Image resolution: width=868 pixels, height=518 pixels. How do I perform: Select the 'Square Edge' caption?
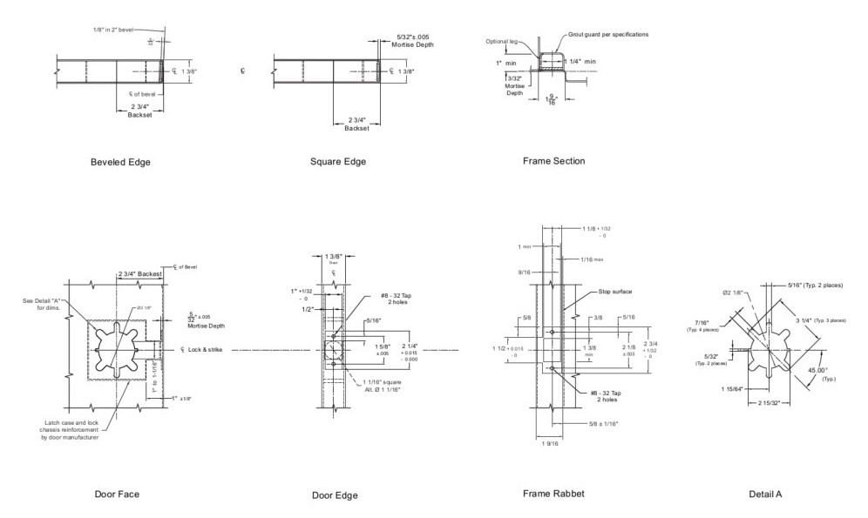coord(337,161)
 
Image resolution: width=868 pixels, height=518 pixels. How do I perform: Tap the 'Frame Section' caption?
coord(553,161)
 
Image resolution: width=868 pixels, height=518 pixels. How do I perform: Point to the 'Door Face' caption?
coord(117,494)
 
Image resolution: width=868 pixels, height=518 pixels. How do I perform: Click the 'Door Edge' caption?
coord(335,495)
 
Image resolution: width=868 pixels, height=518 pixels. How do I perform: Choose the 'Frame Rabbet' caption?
coord(553,494)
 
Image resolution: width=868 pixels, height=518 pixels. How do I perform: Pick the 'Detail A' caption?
coord(765,494)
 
